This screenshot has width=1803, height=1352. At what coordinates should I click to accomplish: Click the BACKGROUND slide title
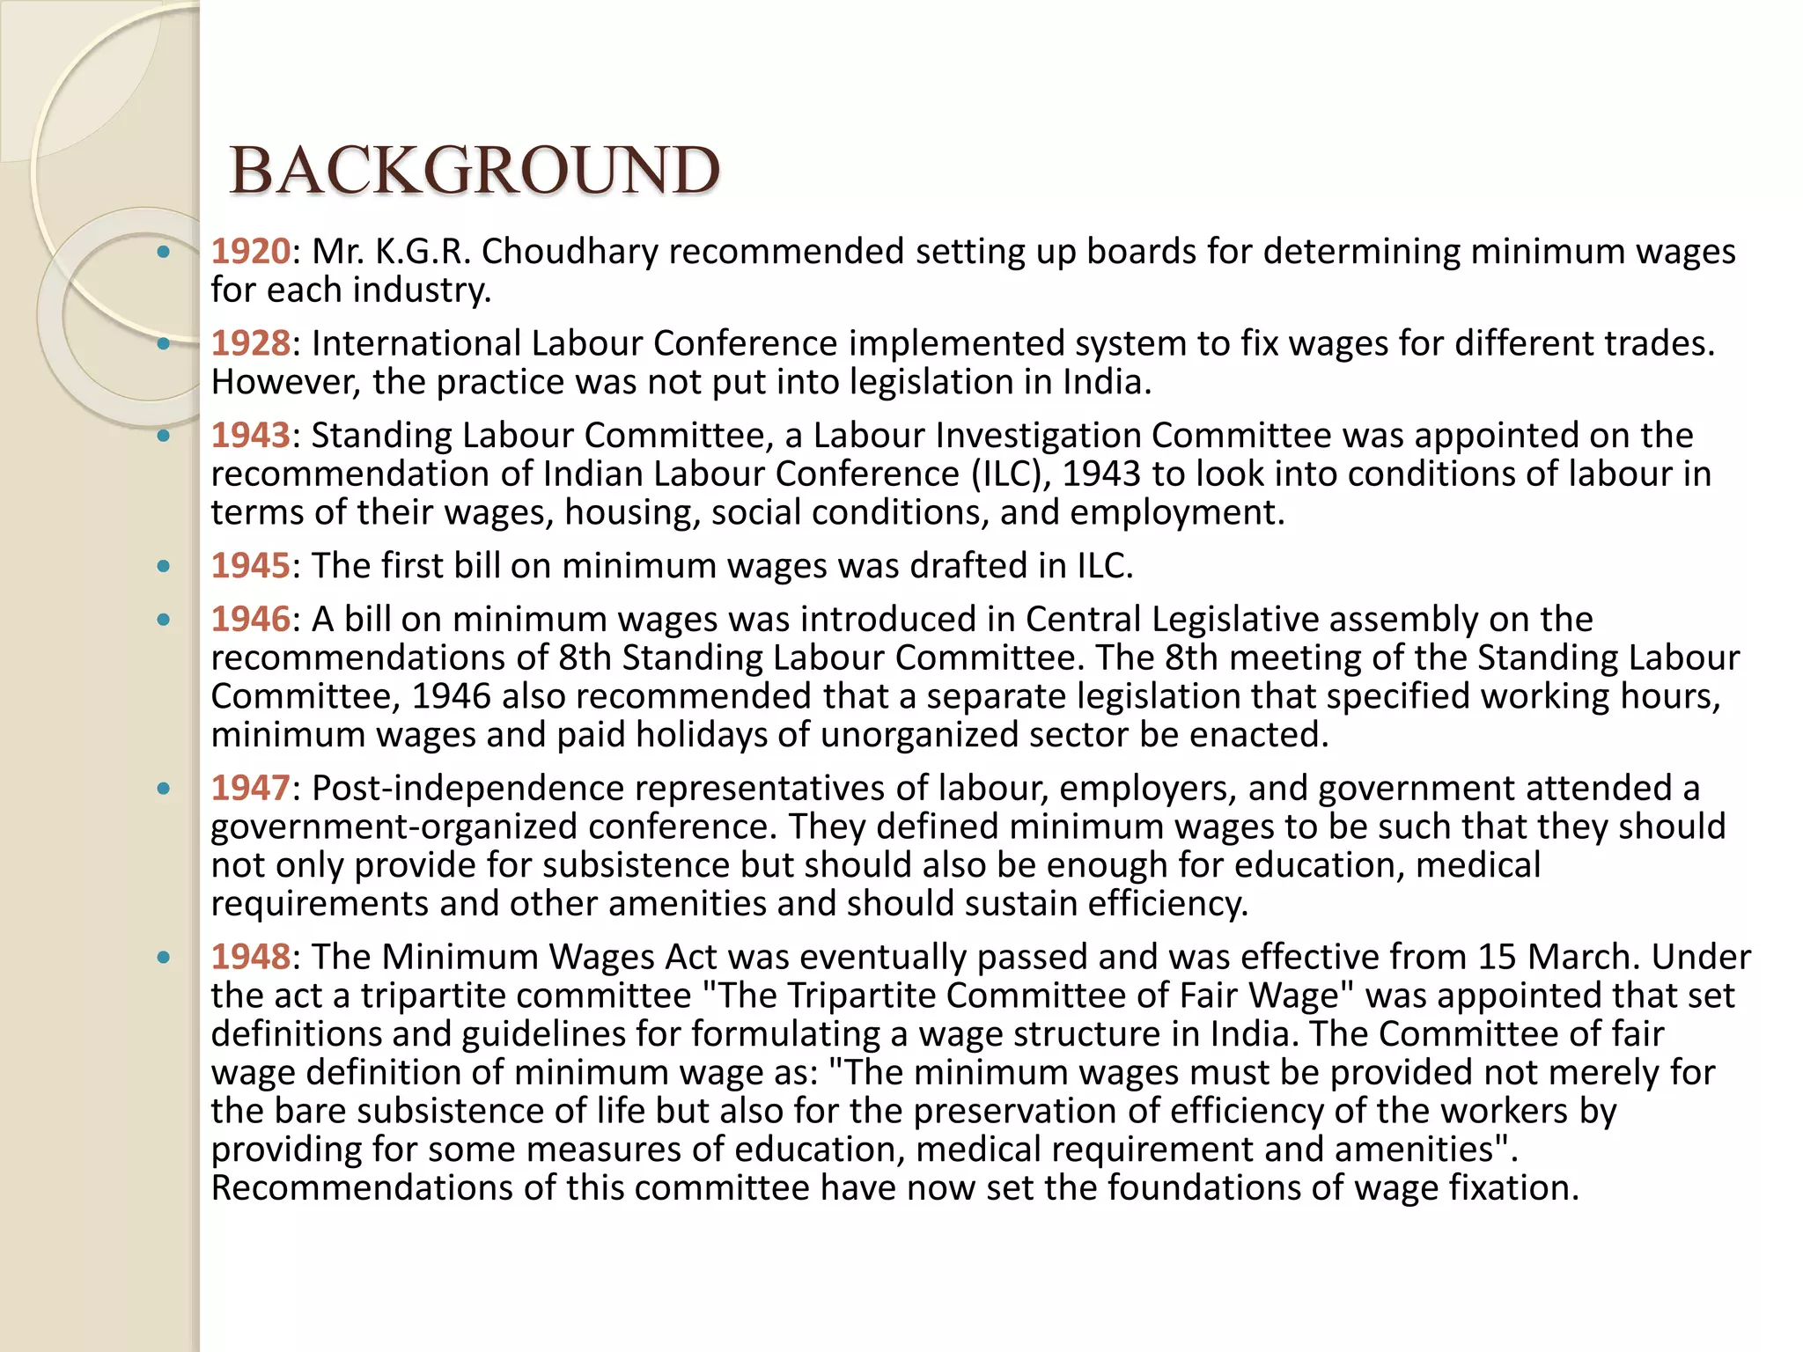475,170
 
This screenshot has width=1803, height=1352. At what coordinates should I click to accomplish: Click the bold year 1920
250,252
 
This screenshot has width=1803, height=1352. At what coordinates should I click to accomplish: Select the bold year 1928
250,343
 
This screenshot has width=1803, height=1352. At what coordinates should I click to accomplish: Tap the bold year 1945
250,566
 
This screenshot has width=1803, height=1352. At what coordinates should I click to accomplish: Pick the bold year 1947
250,789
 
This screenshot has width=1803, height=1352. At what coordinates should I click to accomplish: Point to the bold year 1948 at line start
250,957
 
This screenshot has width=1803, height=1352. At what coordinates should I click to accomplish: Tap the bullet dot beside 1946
163,620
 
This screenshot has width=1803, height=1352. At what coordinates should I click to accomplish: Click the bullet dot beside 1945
163,566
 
